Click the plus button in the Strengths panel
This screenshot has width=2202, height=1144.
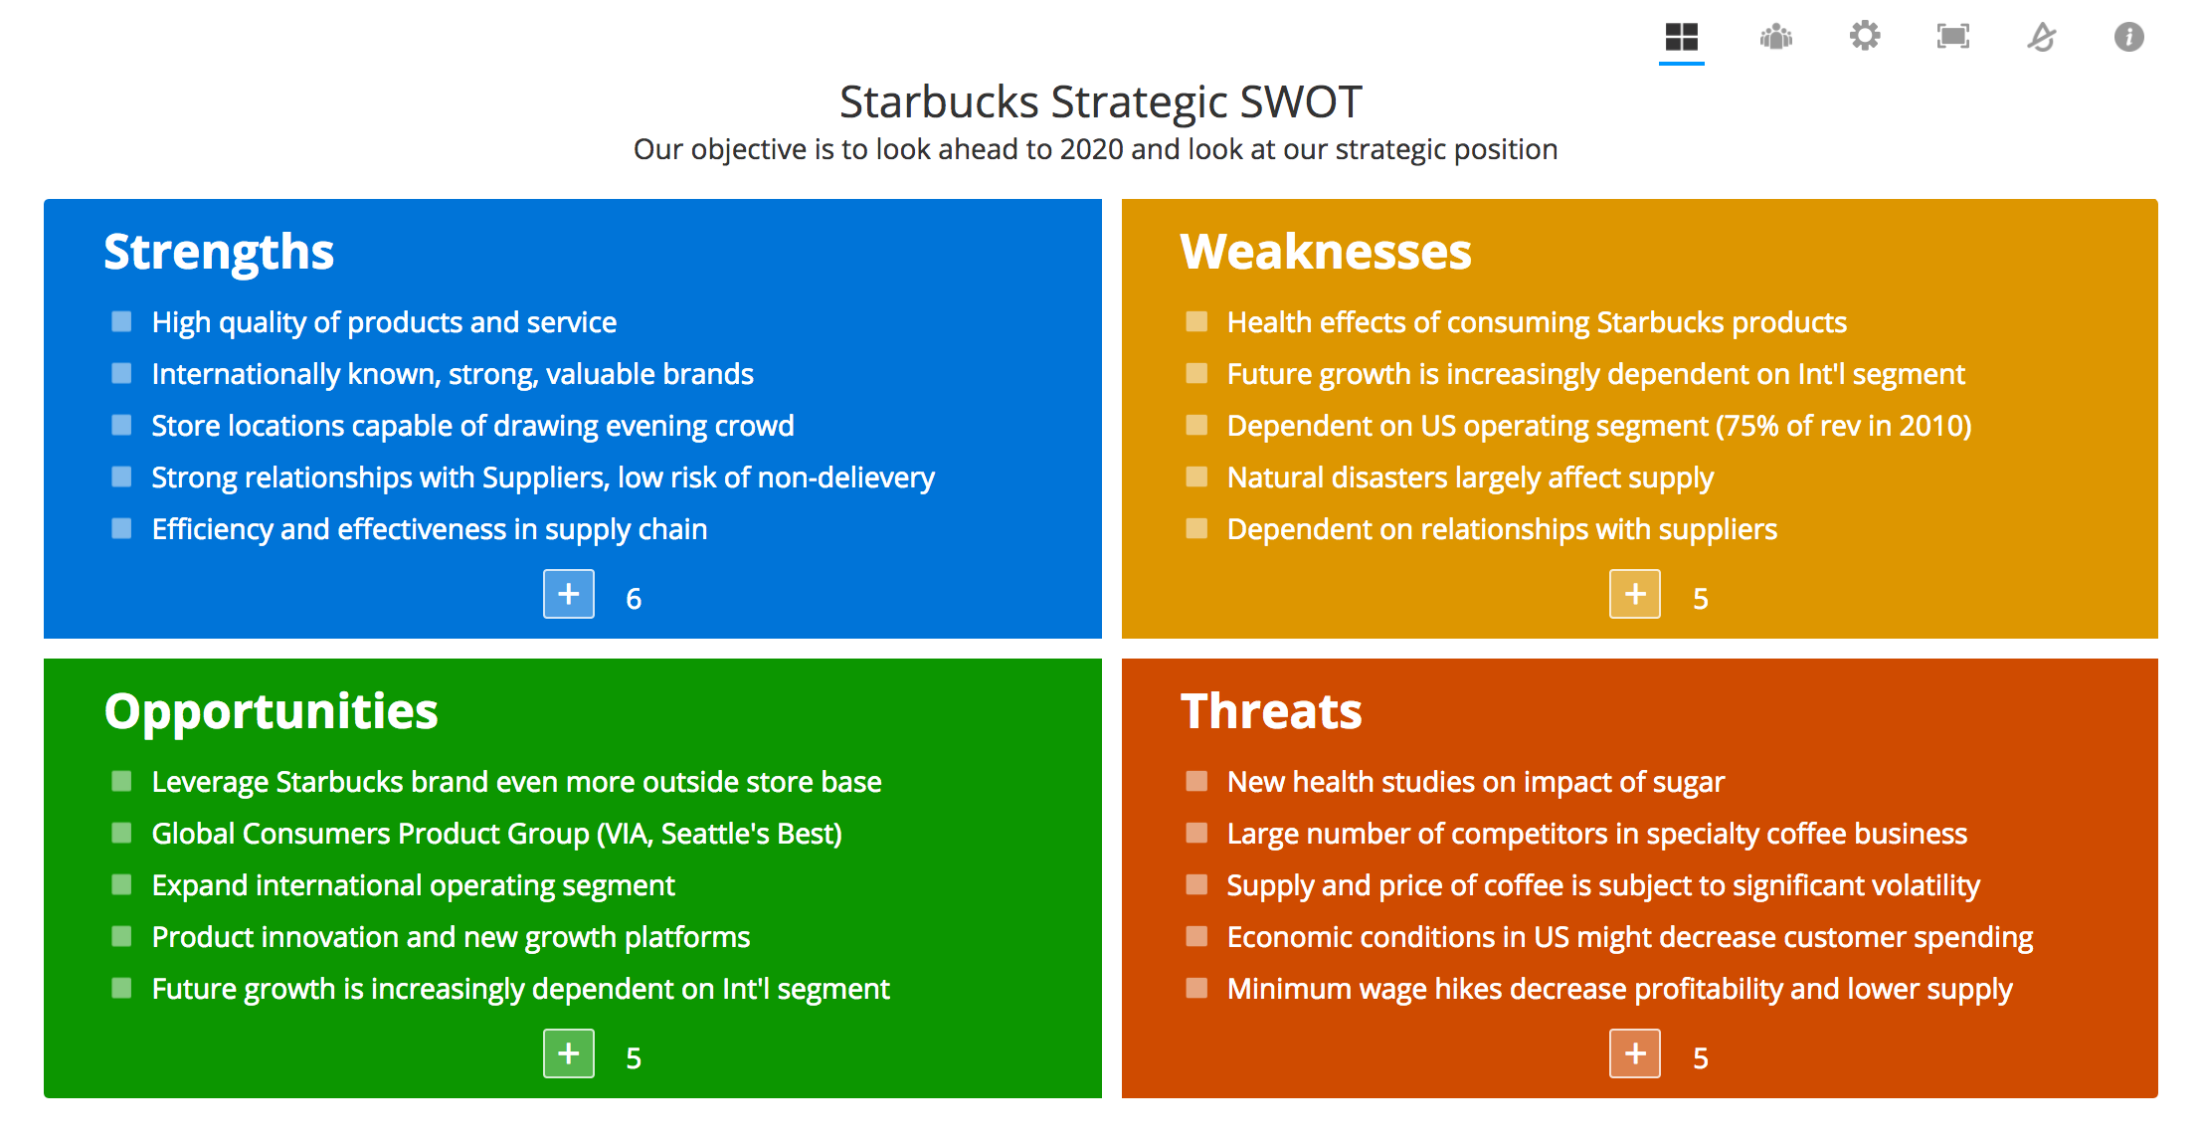click(x=569, y=594)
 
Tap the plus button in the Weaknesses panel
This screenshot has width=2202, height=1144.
click(x=1635, y=594)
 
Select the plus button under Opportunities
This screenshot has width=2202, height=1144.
click(x=569, y=1053)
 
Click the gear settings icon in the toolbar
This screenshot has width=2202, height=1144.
click(x=1865, y=37)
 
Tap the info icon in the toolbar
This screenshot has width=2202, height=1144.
click(x=2129, y=37)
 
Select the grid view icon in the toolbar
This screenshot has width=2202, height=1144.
click(x=1682, y=37)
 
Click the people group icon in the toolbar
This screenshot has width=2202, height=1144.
click(x=1776, y=37)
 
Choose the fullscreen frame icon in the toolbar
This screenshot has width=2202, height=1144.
click(x=1953, y=37)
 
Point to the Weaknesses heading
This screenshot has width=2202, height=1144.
click(x=1326, y=252)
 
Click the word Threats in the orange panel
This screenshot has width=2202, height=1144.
click(x=1271, y=711)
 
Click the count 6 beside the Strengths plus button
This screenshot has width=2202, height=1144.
click(x=634, y=599)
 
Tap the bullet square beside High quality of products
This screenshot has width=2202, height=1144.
click(x=121, y=321)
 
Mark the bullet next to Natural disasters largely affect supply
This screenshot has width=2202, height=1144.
click(x=1196, y=477)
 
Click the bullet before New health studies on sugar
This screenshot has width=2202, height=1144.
click(x=1196, y=781)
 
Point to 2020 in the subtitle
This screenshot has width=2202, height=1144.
click(x=1092, y=149)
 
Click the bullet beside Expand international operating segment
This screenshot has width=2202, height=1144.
click(x=121, y=884)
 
